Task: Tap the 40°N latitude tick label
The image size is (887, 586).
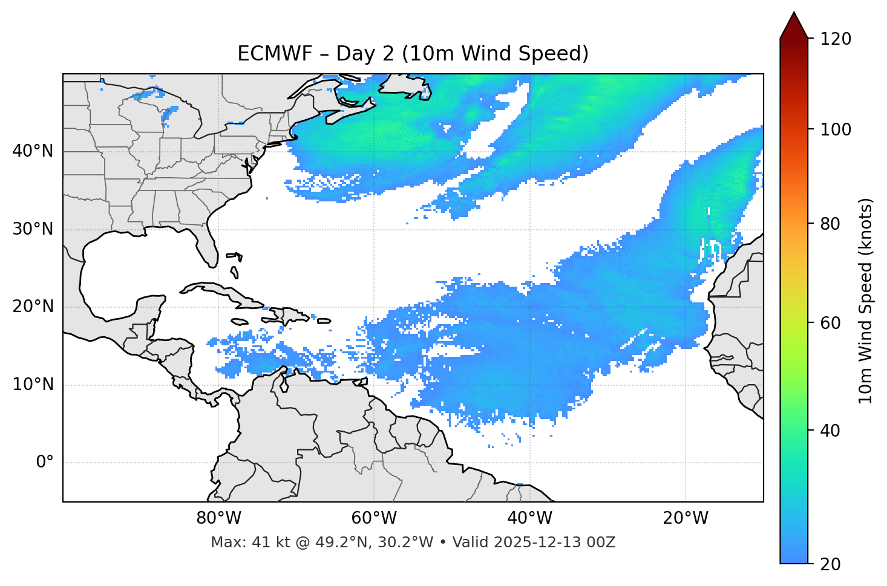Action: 33,151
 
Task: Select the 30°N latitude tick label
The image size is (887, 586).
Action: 33,229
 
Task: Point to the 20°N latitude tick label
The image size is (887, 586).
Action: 33,307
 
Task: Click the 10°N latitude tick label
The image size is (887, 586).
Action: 33,385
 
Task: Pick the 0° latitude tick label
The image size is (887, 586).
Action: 45,462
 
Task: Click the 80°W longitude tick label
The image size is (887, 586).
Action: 218,518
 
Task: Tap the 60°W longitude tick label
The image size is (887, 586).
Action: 374,518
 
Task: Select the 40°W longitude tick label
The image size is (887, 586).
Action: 529,518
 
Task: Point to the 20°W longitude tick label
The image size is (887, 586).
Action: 685,518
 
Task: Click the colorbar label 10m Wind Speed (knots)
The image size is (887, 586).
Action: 866,301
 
